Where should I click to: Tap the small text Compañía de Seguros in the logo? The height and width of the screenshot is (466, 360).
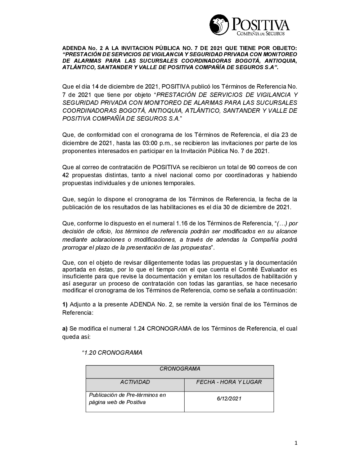(260, 33)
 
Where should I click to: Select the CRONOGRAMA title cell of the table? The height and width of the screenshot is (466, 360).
(180, 369)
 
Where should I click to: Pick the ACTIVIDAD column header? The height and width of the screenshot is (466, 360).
(135, 382)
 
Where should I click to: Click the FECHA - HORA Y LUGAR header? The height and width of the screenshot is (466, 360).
(229, 382)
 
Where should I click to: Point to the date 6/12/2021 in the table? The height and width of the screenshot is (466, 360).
(229, 399)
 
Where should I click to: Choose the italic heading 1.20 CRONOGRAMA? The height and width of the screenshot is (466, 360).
(112, 353)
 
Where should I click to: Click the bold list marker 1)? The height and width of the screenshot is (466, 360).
(65, 304)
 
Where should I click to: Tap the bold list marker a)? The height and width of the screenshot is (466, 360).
(65, 328)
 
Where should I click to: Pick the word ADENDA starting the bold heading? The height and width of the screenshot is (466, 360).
(72, 48)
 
